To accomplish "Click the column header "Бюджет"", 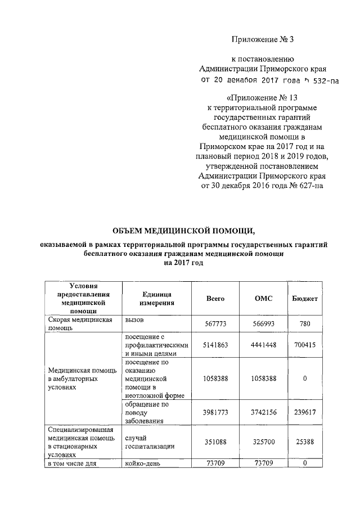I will [x=304, y=299].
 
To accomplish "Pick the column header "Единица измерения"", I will [x=156, y=299].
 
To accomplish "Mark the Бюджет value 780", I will [x=304, y=324].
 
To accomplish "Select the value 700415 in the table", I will [x=304, y=345].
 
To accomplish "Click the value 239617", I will [x=304, y=412].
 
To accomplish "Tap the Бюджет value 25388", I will [x=304, y=442].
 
